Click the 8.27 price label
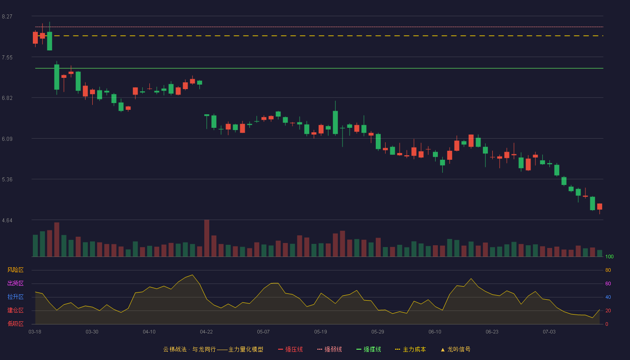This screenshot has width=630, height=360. click(7, 17)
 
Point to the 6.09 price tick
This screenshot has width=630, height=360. click(7, 139)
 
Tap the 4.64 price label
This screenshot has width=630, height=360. click(7, 220)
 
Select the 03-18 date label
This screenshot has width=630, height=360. click(35, 332)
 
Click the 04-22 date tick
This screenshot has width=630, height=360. click(206, 332)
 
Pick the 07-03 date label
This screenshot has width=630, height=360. click(549, 332)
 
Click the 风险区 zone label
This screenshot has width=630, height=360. click(15, 270)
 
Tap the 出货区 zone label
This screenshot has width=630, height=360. click(15, 283)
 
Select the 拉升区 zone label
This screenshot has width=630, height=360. click(15, 297)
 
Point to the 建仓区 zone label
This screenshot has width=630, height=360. click(15, 310)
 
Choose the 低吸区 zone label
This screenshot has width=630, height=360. click(15, 324)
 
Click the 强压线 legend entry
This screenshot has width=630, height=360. click(290, 349)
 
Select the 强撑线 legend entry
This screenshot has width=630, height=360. click(369, 349)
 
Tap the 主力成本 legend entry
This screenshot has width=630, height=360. click(410, 349)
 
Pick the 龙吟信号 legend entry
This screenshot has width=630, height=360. click(455, 349)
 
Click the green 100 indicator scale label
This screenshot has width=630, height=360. click(609, 256)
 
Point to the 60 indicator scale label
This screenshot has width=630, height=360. click(608, 283)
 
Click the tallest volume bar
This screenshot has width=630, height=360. click(207, 238)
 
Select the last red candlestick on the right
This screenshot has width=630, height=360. click(599, 207)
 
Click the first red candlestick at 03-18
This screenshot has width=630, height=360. click(35, 38)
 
